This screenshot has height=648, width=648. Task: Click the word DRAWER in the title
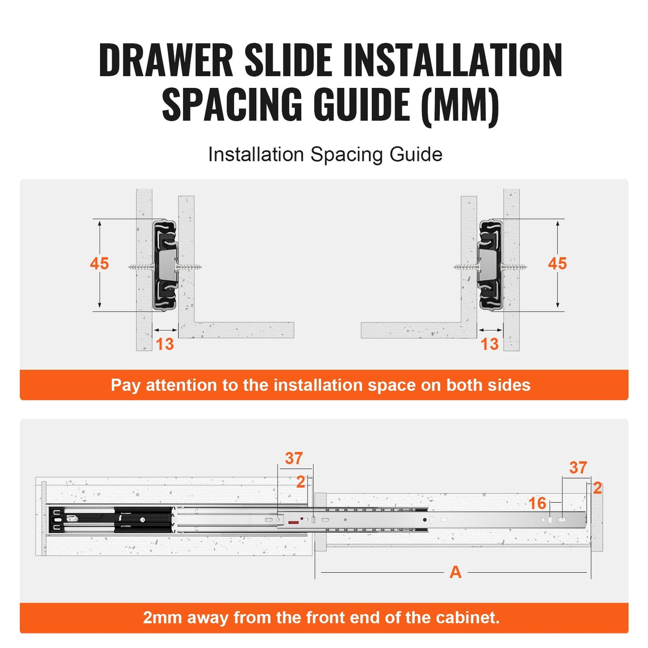pos(166,60)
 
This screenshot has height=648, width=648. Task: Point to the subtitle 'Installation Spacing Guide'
pos(325,155)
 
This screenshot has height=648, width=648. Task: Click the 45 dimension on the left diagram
pos(99,264)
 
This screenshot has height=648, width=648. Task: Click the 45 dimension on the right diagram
pos(557,264)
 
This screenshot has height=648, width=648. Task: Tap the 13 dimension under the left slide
pos(165,344)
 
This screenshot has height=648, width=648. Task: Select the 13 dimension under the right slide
pos(489,344)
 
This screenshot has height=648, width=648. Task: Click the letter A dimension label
pos(455,572)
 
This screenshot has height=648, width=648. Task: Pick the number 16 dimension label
pos(537,503)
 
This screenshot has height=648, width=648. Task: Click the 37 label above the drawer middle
pos(294,458)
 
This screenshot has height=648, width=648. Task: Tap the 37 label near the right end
pos(578,468)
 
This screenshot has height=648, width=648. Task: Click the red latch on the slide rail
pos(294,522)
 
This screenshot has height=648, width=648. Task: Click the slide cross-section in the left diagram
pos(165,265)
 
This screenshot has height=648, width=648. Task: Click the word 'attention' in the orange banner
pos(181,385)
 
